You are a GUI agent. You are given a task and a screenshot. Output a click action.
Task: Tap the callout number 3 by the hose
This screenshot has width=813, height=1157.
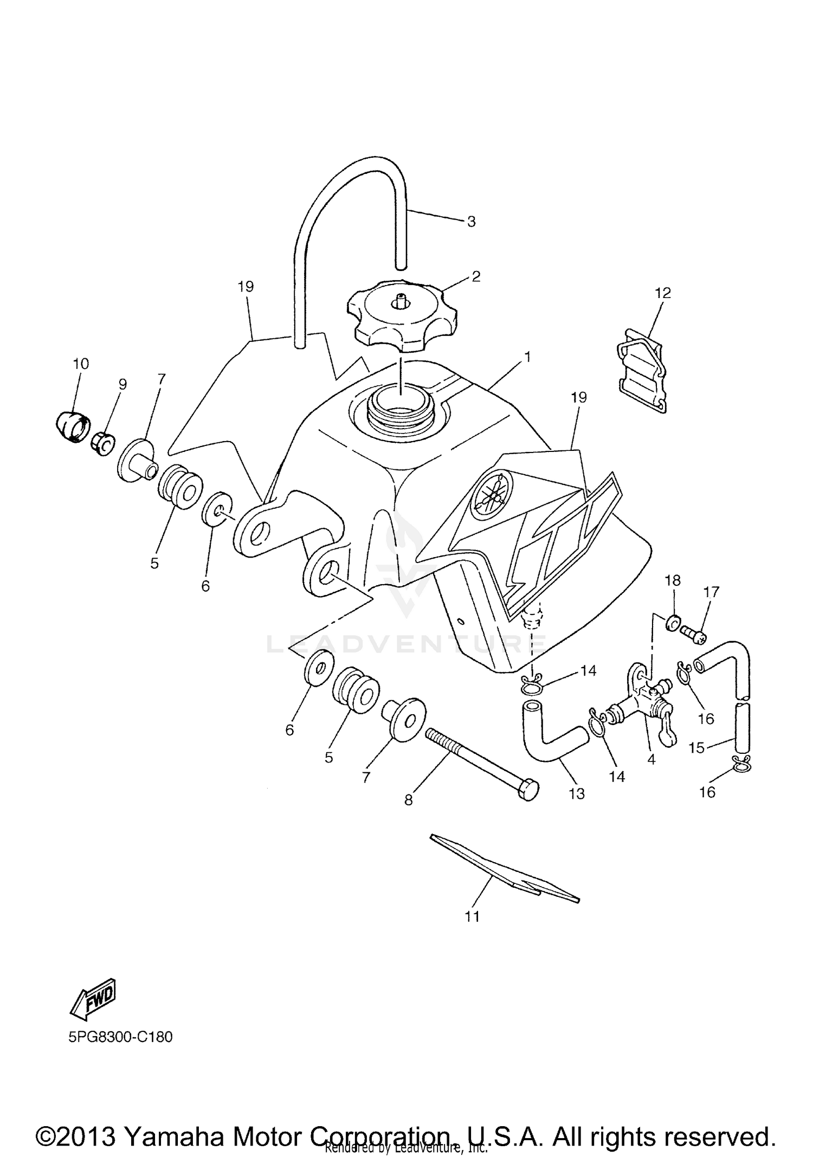[471, 221]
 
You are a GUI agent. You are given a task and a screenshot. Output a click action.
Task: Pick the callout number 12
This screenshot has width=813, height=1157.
[663, 293]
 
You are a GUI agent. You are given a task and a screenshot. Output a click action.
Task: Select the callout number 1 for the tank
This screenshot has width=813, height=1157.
[527, 357]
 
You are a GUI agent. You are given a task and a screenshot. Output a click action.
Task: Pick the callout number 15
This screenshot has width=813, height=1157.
[696, 748]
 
